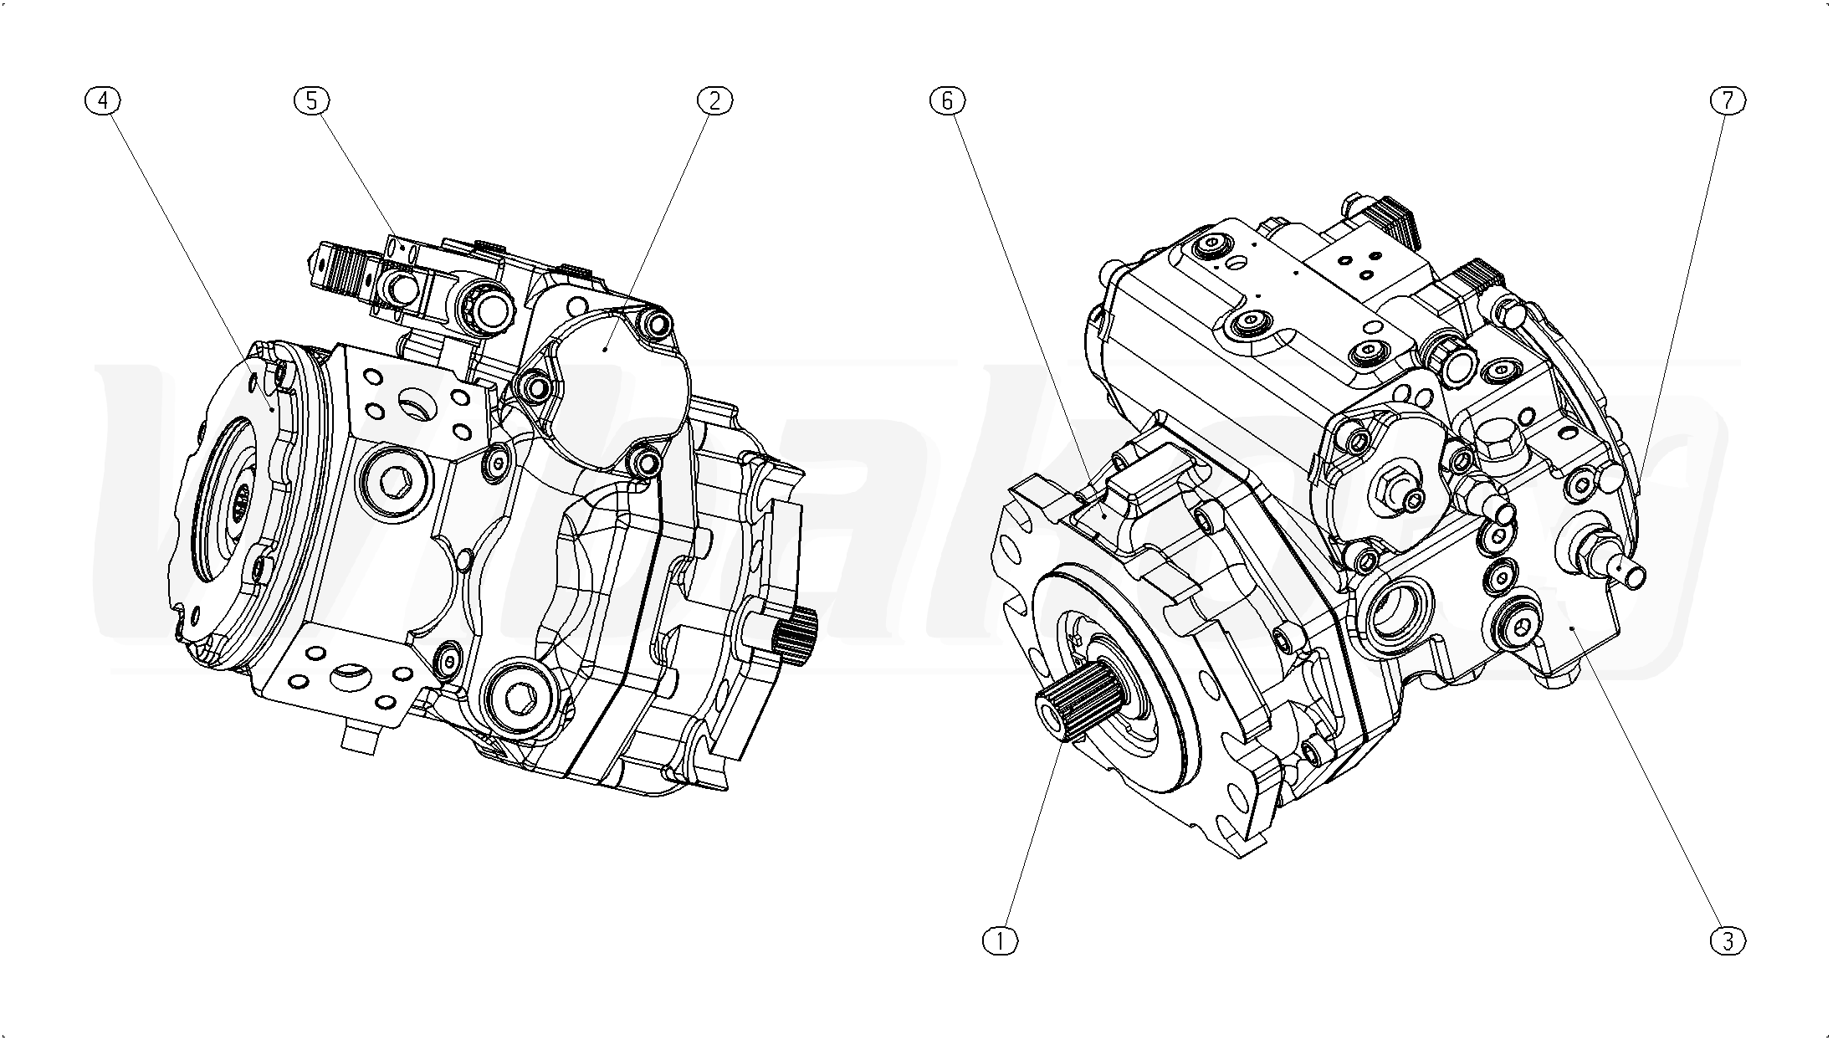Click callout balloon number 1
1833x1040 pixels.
(x=1000, y=941)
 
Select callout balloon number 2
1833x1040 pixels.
(x=714, y=100)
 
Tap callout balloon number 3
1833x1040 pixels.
(x=1728, y=941)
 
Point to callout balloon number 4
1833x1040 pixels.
(x=103, y=100)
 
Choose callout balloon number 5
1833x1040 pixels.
(x=311, y=100)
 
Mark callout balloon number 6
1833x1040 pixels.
(x=947, y=100)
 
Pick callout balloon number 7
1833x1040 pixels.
(x=1728, y=100)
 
